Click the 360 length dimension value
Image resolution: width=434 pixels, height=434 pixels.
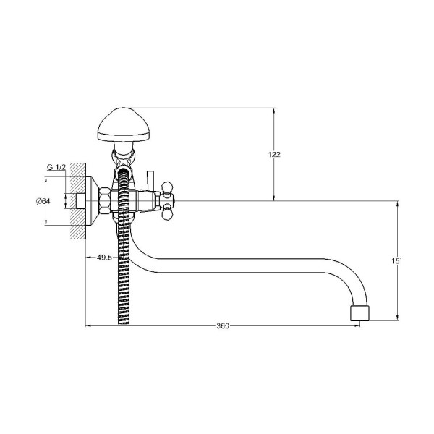pos(223,326)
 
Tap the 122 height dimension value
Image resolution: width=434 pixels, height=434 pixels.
pos(274,155)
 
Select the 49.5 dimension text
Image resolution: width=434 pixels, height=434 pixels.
pos(104,258)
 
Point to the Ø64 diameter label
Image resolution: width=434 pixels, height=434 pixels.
pos(43,201)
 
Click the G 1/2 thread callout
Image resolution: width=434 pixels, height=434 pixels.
pos(56,167)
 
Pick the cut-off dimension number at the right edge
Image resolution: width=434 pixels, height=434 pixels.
pos(396,260)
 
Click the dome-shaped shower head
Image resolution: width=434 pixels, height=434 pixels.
pos(124,125)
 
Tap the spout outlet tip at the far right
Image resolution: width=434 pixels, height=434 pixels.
pos(359,313)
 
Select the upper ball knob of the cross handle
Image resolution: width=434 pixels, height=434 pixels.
pos(168,187)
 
